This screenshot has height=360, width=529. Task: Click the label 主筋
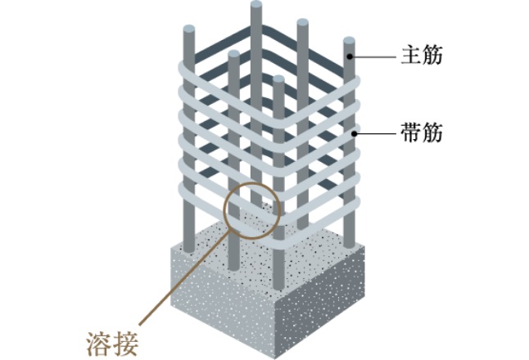(x=421, y=57)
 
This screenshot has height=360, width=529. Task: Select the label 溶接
(x=107, y=339)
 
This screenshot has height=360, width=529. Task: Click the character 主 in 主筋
(x=410, y=57)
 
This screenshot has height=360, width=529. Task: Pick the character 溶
(x=97, y=339)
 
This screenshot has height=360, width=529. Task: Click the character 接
(x=119, y=339)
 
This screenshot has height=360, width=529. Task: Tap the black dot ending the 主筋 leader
(x=350, y=57)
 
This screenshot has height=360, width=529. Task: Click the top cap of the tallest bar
(x=256, y=7)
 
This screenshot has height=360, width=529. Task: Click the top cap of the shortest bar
(x=279, y=80)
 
